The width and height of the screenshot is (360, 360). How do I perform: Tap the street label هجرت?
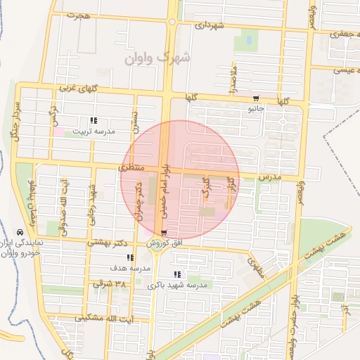(79, 15)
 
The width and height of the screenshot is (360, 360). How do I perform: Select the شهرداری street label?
(210, 26)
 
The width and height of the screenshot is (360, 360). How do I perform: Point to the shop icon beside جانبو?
(255, 98)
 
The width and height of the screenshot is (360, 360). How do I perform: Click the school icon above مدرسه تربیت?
(94, 120)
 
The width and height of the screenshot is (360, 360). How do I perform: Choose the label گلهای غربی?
(70, 89)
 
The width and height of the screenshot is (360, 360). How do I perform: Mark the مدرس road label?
(269, 177)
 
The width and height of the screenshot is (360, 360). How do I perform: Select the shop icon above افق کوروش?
(164, 233)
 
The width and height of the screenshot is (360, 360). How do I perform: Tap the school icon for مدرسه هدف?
(129, 258)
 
